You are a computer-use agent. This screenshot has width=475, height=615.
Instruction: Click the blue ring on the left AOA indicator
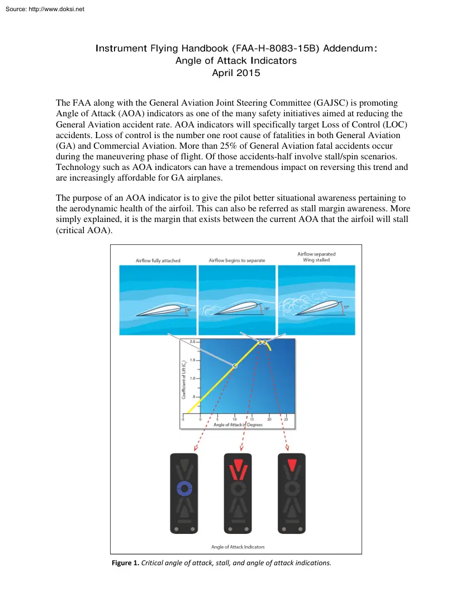pyautogui.click(x=184, y=488)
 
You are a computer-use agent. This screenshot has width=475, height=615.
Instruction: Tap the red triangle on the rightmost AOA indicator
pyautogui.click(x=291, y=464)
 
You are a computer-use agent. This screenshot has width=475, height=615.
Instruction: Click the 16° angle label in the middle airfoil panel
pyautogui.click(x=267, y=308)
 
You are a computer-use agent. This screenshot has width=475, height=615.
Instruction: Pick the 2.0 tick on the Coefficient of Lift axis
pyautogui.click(x=192, y=342)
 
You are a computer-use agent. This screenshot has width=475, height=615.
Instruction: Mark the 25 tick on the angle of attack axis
pyautogui.click(x=286, y=419)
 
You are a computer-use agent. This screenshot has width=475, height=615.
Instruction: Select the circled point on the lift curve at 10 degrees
pyautogui.click(x=235, y=366)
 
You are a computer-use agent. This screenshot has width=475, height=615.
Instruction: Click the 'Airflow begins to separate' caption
pyautogui.click(x=237, y=261)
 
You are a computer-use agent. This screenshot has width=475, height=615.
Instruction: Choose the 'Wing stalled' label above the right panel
pyautogui.click(x=316, y=260)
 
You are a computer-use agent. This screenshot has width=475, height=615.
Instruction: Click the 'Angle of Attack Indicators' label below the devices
pyautogui.click(x=237, y=546)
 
